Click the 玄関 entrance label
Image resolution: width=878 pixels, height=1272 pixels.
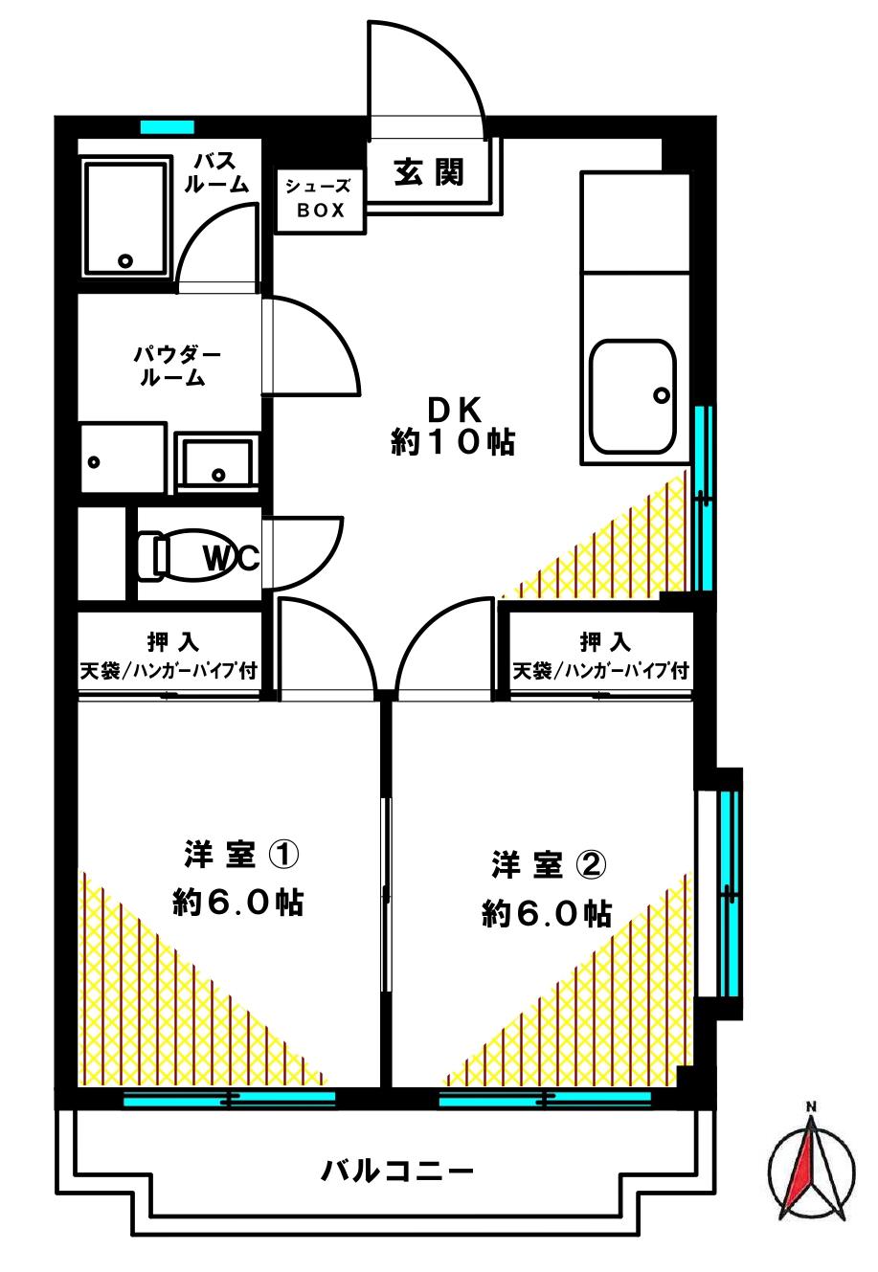[428, 171]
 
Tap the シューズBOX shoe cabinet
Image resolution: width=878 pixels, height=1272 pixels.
[321, 200]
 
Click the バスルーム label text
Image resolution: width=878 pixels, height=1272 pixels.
[216, 172]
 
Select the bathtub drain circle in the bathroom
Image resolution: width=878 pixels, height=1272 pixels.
[124, 260]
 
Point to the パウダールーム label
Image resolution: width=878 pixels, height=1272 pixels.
[176, 367]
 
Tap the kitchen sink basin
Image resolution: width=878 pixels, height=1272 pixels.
[632, 397]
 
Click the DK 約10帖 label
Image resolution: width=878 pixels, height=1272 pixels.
[453, 425]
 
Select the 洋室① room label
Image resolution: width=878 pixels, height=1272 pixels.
[240, 853]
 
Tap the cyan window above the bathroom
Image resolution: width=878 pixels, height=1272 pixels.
[168, 126]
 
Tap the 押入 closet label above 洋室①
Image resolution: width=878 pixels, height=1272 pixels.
[172, 642]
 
